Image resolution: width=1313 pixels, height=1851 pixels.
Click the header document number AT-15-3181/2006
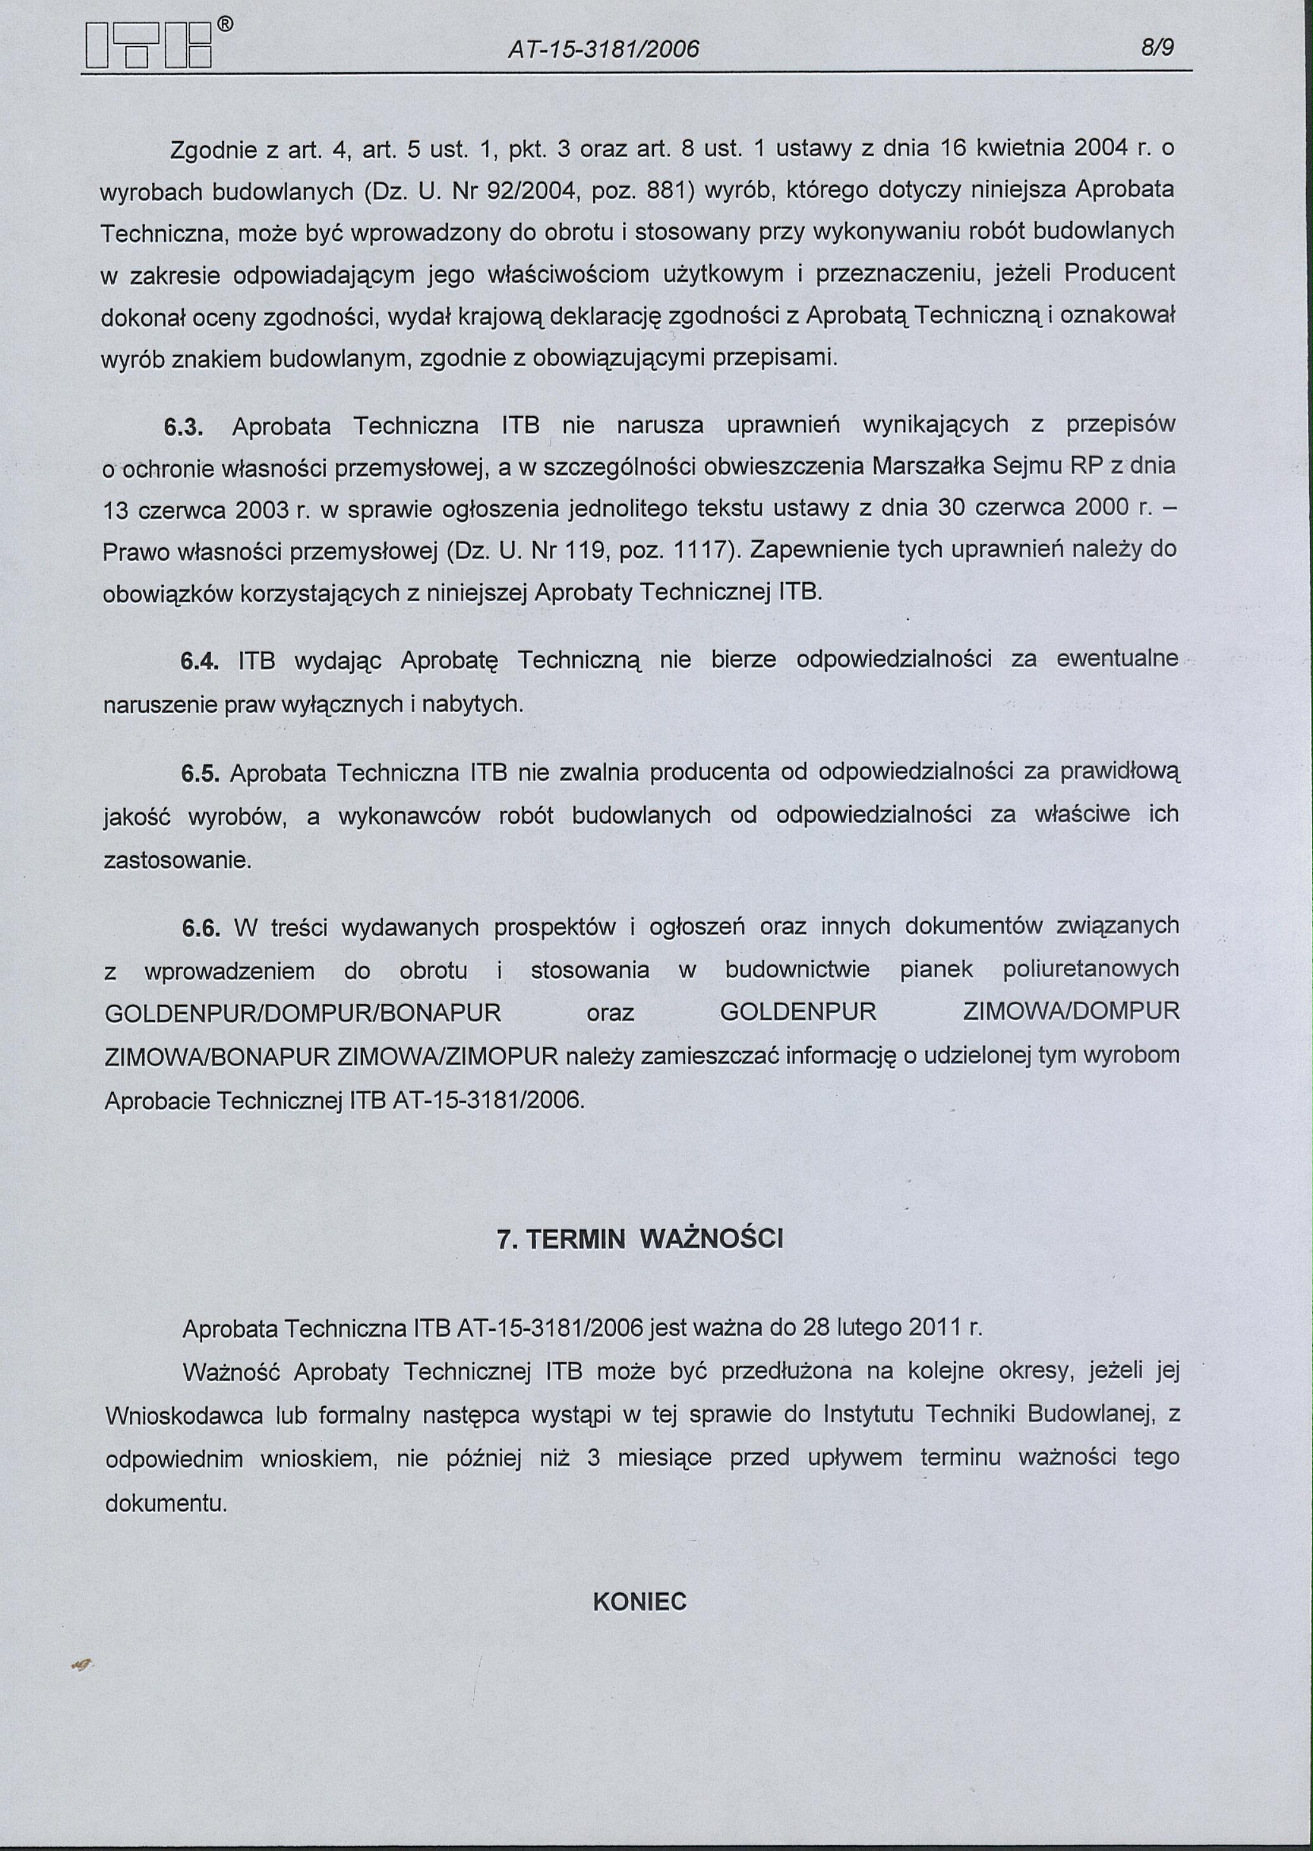coord(603,50)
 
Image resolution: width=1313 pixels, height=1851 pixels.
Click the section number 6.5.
coord(199,774)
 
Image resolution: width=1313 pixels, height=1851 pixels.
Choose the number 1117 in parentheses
coord(704,550)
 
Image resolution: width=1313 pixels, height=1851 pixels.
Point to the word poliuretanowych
coord(1091,969)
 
